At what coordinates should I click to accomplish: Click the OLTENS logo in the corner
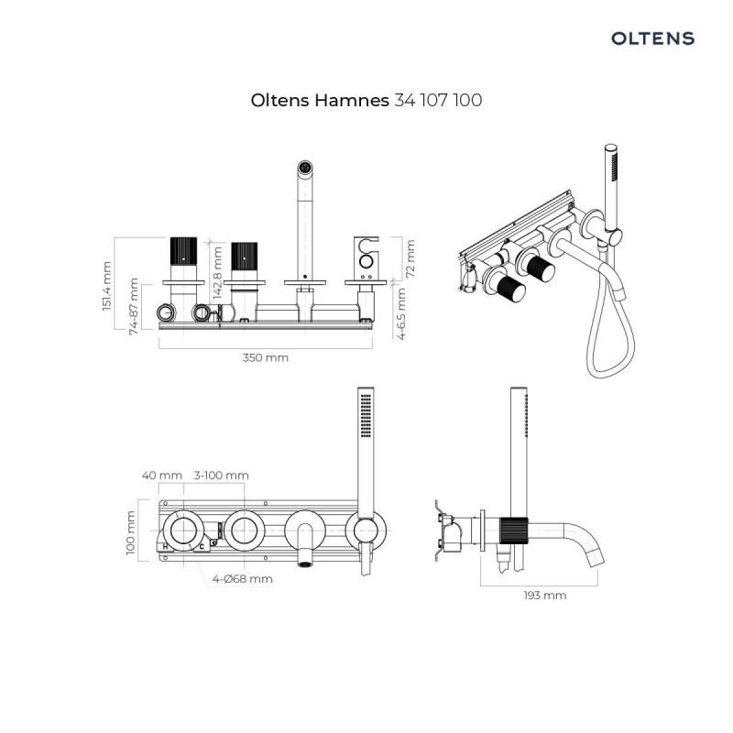pyautogui.click(x=652, y=38)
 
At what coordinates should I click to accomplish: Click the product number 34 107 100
pyautogui.click(x=437, y=100)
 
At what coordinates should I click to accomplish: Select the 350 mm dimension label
pyautogui.click(x=266, y=357)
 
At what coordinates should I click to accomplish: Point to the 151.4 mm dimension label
pyautogui.click(x=106, y=285)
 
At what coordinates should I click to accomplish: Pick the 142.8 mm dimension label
pyautogui.click(x=217, y=272)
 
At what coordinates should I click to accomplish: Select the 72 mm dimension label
pyautogui.click(x=410, y=258)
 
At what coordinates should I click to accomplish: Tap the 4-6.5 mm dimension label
pyautogui.click(x=401, y=312)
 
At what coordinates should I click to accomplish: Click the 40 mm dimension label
pyautogui.click(x=162, y=476)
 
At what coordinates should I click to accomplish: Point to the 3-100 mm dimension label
pyautogui.click(x=222, y=476)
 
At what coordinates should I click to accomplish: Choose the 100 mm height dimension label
pyautogui.click(x=131, y=533)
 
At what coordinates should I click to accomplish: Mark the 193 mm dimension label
pyautogui.click(x=544, y=595)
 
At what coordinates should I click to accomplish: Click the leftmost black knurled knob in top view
pyautogui.click(x=182, y=253)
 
